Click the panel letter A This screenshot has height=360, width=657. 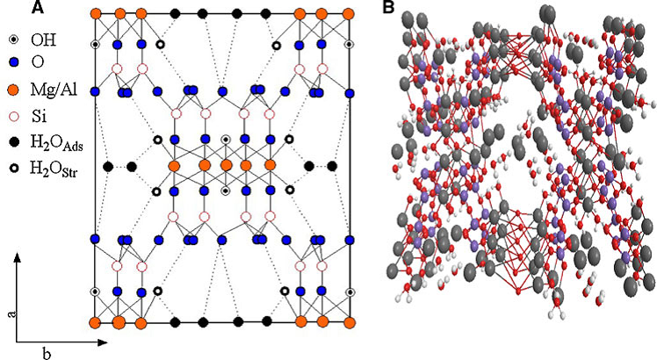[x=37, y=9]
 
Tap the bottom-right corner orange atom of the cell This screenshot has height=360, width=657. [x=350, y=323]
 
